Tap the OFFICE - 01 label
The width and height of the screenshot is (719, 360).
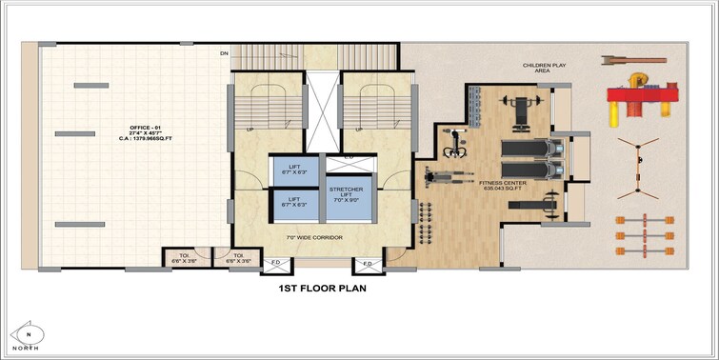[147, 127]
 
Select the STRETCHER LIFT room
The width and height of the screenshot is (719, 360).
[348, 194]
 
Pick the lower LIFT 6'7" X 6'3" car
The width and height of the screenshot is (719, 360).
[294, 203]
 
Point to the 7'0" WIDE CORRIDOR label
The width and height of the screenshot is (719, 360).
[314, 236]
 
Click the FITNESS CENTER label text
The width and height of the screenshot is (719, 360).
[504, 185]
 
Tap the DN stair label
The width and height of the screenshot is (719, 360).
[225, 54]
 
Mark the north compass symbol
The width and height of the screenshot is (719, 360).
[30, 334]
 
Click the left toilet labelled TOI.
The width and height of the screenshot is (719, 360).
[182, 257]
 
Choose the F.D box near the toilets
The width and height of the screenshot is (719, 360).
[275, 262]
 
